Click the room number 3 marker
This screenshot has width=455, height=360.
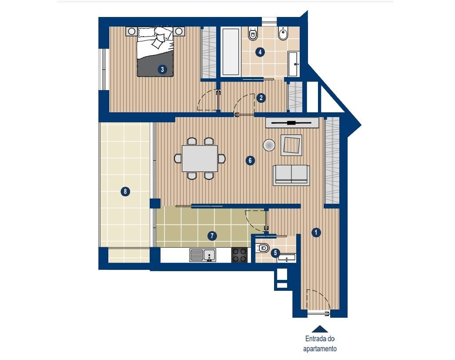161,69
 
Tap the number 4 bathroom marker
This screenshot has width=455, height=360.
260,52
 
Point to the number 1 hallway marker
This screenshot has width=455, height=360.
316,232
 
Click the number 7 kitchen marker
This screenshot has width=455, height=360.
212,236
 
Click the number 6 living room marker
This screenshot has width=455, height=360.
250,160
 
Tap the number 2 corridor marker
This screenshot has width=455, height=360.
261,98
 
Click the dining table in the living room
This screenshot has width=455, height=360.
200,158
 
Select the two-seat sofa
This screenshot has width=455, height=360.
291,175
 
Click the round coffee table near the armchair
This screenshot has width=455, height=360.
269,145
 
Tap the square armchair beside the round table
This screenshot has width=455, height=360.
291,145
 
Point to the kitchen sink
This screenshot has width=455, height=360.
203,255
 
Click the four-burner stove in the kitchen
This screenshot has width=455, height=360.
239,255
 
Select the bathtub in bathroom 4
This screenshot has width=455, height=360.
231,52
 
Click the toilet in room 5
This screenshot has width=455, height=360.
262,249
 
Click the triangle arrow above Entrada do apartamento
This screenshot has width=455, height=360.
320,329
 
